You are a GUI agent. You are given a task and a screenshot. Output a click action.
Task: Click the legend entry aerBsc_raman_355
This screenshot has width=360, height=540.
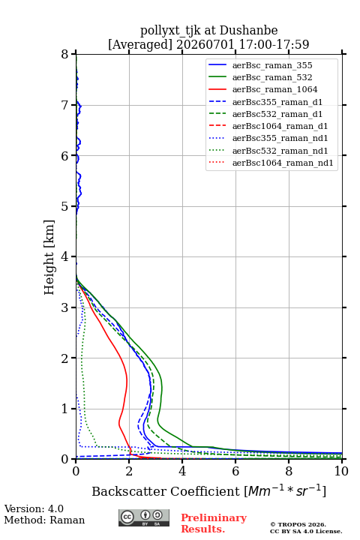pos(272,65)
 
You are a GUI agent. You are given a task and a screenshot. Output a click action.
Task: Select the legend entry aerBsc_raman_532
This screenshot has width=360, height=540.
pos(272,77)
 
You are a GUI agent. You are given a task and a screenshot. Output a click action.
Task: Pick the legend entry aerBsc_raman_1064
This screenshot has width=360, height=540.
pos(275,89)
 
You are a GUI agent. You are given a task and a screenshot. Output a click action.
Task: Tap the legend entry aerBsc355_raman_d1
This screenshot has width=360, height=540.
pos(277,102)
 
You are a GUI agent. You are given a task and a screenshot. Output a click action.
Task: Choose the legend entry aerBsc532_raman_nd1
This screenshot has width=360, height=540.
pos(280,151)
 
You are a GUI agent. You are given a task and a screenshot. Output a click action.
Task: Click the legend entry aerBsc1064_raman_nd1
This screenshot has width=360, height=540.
pos(283,163)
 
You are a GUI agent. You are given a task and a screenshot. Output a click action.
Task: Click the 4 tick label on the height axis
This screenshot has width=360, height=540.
pos(64,256)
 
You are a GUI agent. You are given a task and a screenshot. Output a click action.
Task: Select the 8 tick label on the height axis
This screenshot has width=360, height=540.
pos(64,55)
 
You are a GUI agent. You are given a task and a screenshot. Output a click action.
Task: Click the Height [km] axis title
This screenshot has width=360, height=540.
pos(49,257)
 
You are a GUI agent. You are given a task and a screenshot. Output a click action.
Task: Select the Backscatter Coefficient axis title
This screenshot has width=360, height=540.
pos(208,490)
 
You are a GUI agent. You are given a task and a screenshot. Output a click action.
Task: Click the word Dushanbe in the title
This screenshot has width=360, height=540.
pos(248,31)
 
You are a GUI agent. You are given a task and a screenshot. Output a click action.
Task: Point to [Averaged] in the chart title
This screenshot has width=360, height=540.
pos(139,44)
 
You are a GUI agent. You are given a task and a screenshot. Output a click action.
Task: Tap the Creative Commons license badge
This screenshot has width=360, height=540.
pos(144,517)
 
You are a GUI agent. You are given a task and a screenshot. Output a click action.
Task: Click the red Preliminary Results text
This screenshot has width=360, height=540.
pos(214,523)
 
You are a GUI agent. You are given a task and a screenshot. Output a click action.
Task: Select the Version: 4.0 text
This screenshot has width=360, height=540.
pos(34,508)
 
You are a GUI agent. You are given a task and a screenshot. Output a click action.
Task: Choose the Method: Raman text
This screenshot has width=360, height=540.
pos(44,520)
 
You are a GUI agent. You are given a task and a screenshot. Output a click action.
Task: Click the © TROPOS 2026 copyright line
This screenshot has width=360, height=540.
pos(298,524)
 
